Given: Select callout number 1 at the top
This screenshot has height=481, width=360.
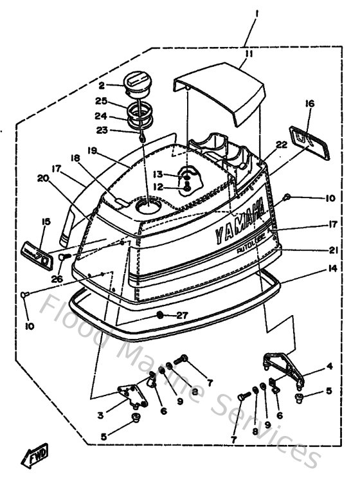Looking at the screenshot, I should (x=256, y=12).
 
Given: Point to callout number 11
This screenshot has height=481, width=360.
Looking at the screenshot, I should (x=248, y=54).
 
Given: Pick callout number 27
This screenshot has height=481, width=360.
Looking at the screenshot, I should (x=182, y=315).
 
